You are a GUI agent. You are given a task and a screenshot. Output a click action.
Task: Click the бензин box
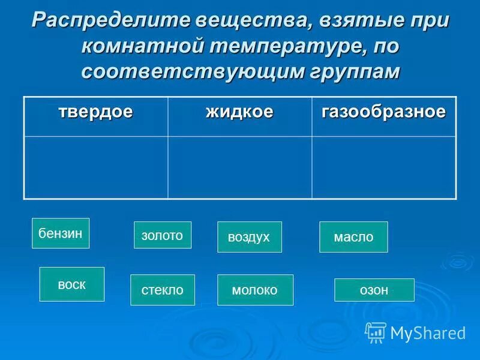[x=60, y=233]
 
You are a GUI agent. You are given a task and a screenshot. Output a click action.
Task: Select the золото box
[x=162, y=235]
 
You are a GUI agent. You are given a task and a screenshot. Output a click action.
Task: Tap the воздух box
[x=249, y=237]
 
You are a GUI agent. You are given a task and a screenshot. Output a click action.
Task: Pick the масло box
[x=353, y=237]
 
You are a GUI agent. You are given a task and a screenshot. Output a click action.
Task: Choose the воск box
[x=71, y=284]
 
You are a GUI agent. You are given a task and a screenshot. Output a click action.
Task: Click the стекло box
[x=162, y=290]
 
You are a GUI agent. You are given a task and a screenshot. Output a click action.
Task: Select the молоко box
[x=255, y=290]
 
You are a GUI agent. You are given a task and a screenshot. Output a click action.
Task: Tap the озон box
[x=374, y=290]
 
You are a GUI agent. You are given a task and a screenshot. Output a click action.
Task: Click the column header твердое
[x=95, y=112]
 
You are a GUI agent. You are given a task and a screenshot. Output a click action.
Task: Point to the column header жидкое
[x=239, y=112]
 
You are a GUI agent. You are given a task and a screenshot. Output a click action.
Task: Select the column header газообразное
[x=384, y=112]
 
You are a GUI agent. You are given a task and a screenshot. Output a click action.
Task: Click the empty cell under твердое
[x=95, y=167]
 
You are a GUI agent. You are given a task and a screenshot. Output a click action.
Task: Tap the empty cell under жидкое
[x=239, y=167]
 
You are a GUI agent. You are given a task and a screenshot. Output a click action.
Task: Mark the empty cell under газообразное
[x=384, y=167]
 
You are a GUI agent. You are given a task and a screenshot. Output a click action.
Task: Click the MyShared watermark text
[x=428, y=333]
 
